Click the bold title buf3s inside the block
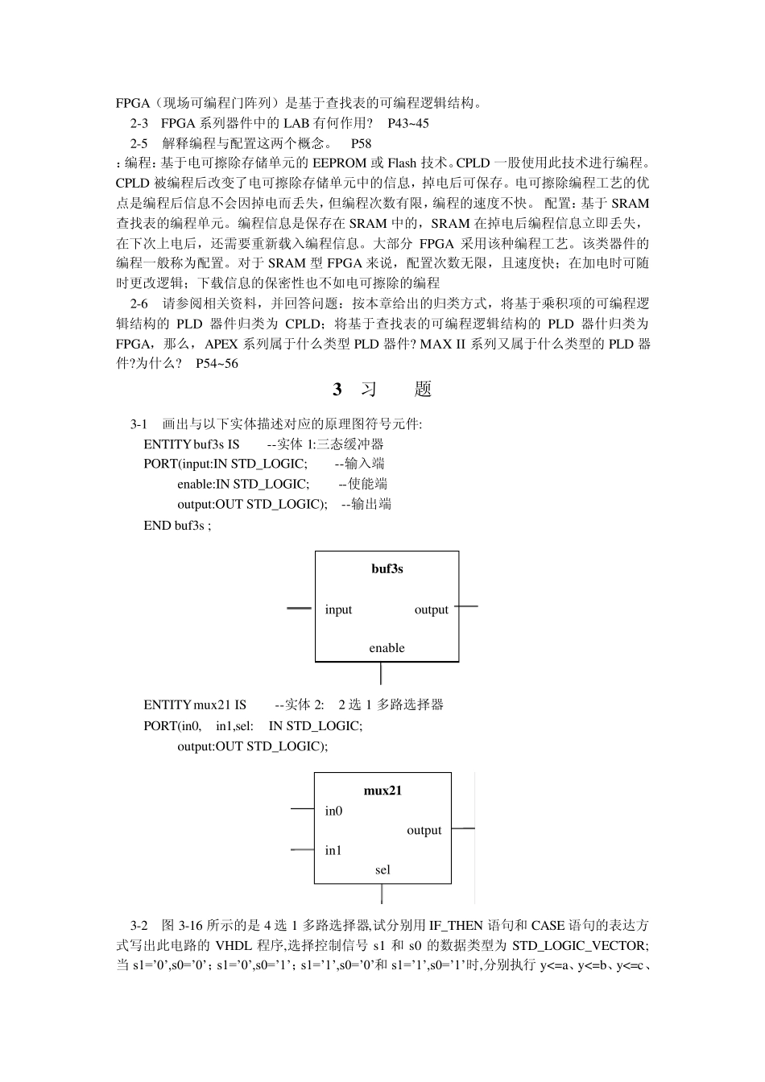387,569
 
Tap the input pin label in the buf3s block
338,609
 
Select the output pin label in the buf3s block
431,609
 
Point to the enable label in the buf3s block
387,648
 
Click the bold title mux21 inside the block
382,791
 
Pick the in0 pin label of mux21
333,811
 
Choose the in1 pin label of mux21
333,850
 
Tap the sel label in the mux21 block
382,869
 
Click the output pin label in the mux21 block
424,830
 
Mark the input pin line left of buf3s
300,608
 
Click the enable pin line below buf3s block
381,673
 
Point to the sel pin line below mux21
382,894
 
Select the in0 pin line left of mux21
302,807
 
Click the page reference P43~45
408,123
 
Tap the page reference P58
362,143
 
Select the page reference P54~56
217,364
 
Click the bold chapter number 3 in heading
337,390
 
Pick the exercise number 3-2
139,925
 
